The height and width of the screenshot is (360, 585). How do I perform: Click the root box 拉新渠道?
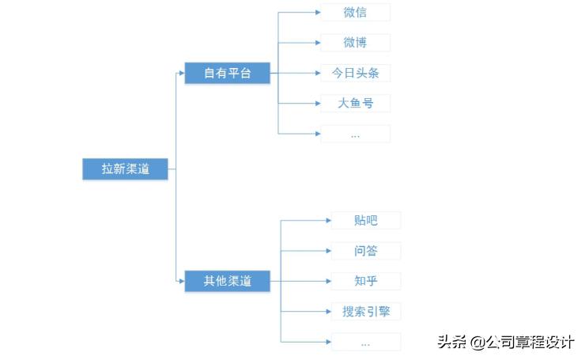click(125, 169)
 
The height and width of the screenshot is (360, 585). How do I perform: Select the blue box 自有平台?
click(227, 74)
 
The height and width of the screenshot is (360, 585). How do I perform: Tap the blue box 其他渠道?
click(227, 280)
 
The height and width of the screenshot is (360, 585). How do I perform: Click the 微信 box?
click(355, 12)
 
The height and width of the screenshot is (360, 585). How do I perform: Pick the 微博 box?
click(355, 42)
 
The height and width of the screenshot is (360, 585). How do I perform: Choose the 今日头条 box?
click(355, 73)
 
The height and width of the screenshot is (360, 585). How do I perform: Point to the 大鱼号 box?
click(355, 103)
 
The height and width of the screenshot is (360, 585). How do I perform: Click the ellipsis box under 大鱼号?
click(355, 134)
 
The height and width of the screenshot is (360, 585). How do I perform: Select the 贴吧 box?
click(365, 220)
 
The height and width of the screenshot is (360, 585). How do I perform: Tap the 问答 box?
click(365, 251)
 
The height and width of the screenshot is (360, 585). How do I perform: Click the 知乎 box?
click(365, 281)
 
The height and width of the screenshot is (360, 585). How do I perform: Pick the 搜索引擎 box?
click(365, 312)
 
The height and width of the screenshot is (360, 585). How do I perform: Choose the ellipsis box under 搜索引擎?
click(365, 342)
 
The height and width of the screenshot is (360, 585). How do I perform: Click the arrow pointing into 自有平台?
click(179, 74)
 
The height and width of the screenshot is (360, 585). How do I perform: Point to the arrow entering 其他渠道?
click(179, 280)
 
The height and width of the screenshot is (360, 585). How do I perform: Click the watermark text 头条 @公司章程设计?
click(505, 342)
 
